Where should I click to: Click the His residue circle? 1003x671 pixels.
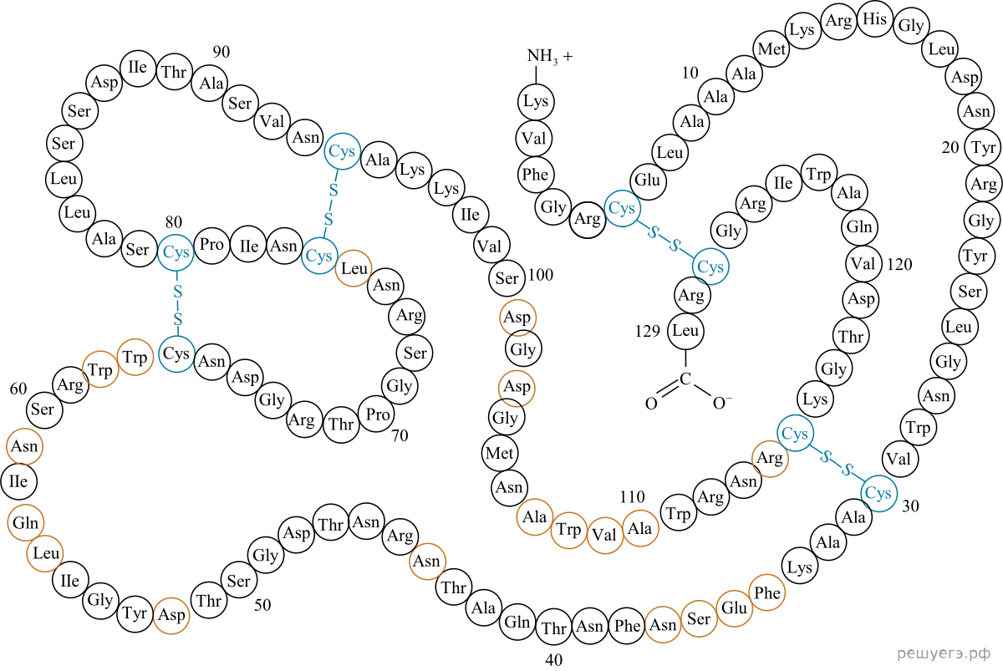[874, 19]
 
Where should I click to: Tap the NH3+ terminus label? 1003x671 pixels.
[550, 56]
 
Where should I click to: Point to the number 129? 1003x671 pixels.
[648, 331]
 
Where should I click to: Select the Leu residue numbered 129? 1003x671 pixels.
[685, 331]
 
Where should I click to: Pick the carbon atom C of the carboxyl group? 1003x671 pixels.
[685, 379]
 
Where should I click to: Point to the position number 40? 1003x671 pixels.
[553, 660]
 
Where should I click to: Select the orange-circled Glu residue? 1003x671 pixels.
[735, 608]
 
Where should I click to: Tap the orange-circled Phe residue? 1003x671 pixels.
[767, 592]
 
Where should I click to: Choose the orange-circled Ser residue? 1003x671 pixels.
[699, 618]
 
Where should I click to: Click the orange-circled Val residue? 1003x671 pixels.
[604, 535]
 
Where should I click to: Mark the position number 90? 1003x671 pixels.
[221, 52]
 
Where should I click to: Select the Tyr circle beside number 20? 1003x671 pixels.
[983, 147]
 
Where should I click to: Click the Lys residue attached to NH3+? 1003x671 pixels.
[536, 101]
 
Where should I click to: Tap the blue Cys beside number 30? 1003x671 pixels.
[878, 493]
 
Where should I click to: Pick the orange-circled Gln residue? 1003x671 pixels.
[26, 522]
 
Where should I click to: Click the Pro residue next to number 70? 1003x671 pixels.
[377, 414]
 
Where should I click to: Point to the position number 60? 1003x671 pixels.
[18, 389]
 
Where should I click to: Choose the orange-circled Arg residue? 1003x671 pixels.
[770, 458]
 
